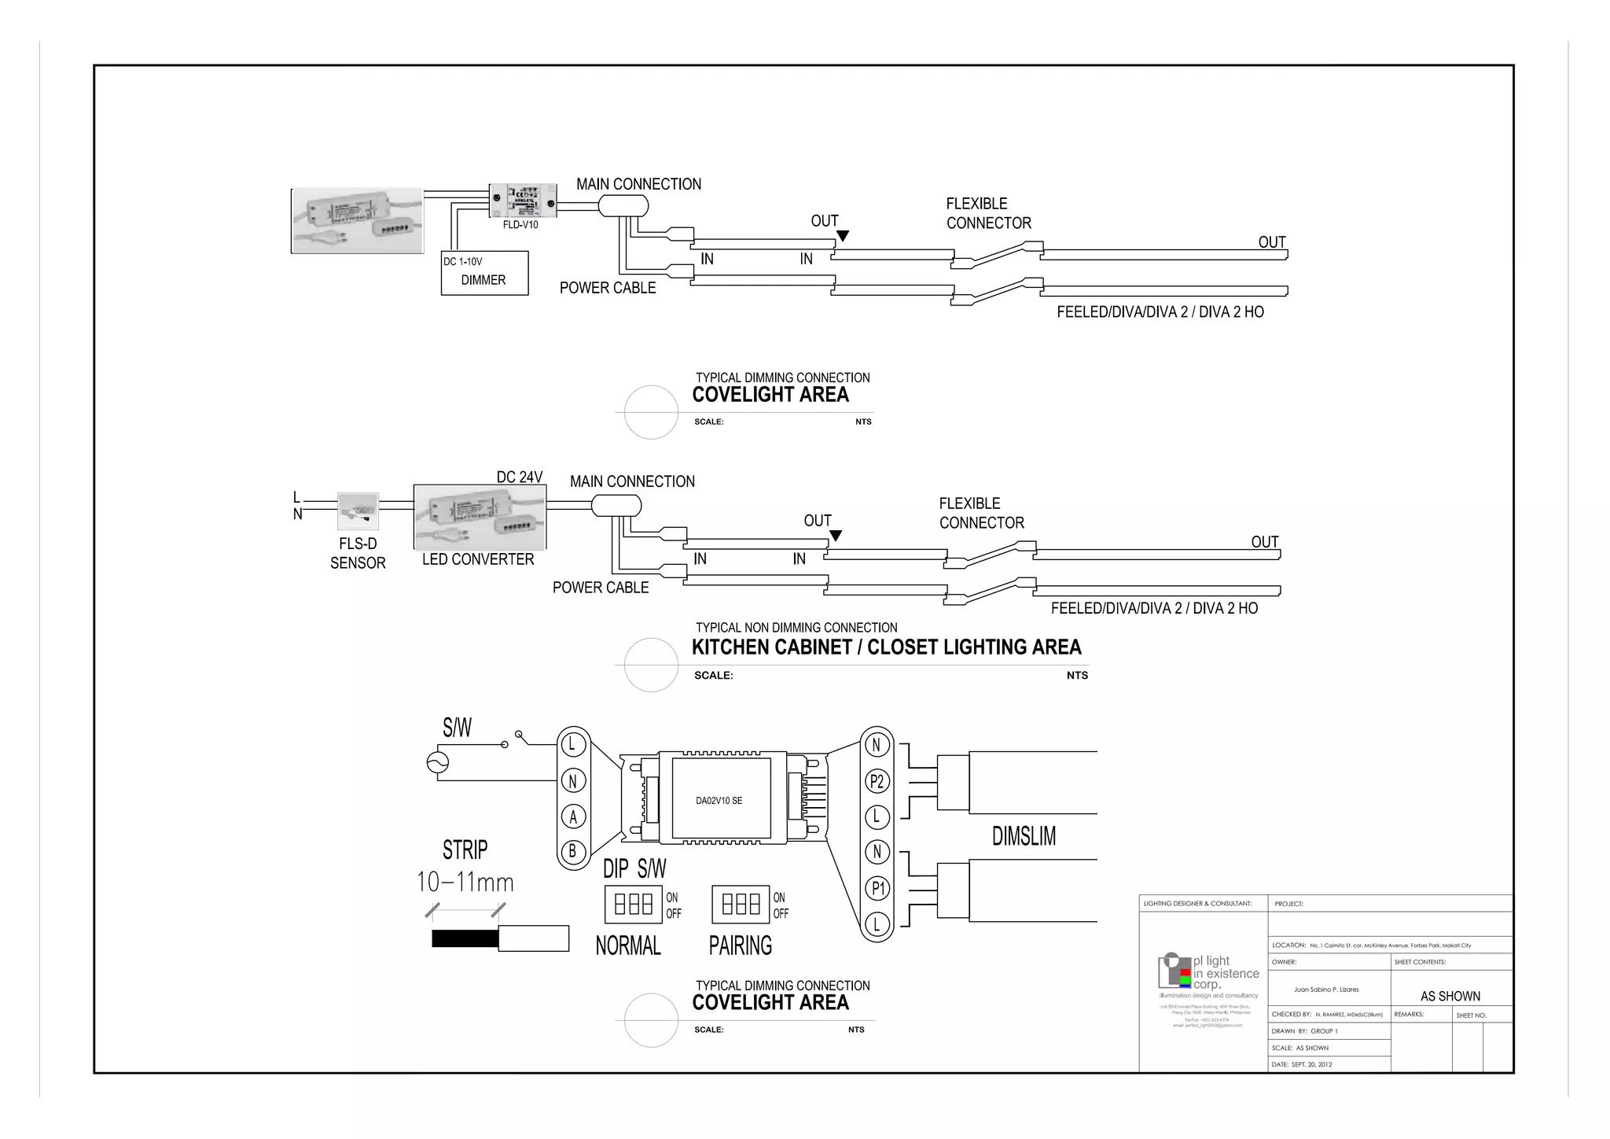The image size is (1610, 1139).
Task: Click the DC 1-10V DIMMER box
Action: [484, 273]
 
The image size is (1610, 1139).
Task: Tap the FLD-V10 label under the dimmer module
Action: [520, 225]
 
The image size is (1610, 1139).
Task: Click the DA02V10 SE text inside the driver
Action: [719, 801]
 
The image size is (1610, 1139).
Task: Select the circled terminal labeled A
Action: [573, 817]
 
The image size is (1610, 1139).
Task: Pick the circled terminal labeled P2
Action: [877, 782]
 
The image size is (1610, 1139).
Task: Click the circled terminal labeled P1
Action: [877, 889]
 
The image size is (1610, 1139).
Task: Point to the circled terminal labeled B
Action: [573, 851]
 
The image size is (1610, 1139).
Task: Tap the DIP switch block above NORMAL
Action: [634, 905]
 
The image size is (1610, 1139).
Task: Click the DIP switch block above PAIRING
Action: [741, 905]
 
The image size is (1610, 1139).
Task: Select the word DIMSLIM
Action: [1024, 836]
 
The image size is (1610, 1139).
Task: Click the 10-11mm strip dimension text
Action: [465, 883]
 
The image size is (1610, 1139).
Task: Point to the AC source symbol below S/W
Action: [437, 762]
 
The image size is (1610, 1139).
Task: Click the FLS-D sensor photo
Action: [358, 511]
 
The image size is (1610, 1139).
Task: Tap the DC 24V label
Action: [520, 477]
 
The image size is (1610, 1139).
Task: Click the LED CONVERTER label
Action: [478, 559]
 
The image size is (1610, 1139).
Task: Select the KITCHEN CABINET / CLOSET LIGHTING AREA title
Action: [886, 647]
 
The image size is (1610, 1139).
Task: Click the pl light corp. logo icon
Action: [1174, 971]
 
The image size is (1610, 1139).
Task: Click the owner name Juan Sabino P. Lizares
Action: [1326, 990]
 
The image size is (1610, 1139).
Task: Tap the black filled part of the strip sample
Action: [465, 938]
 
